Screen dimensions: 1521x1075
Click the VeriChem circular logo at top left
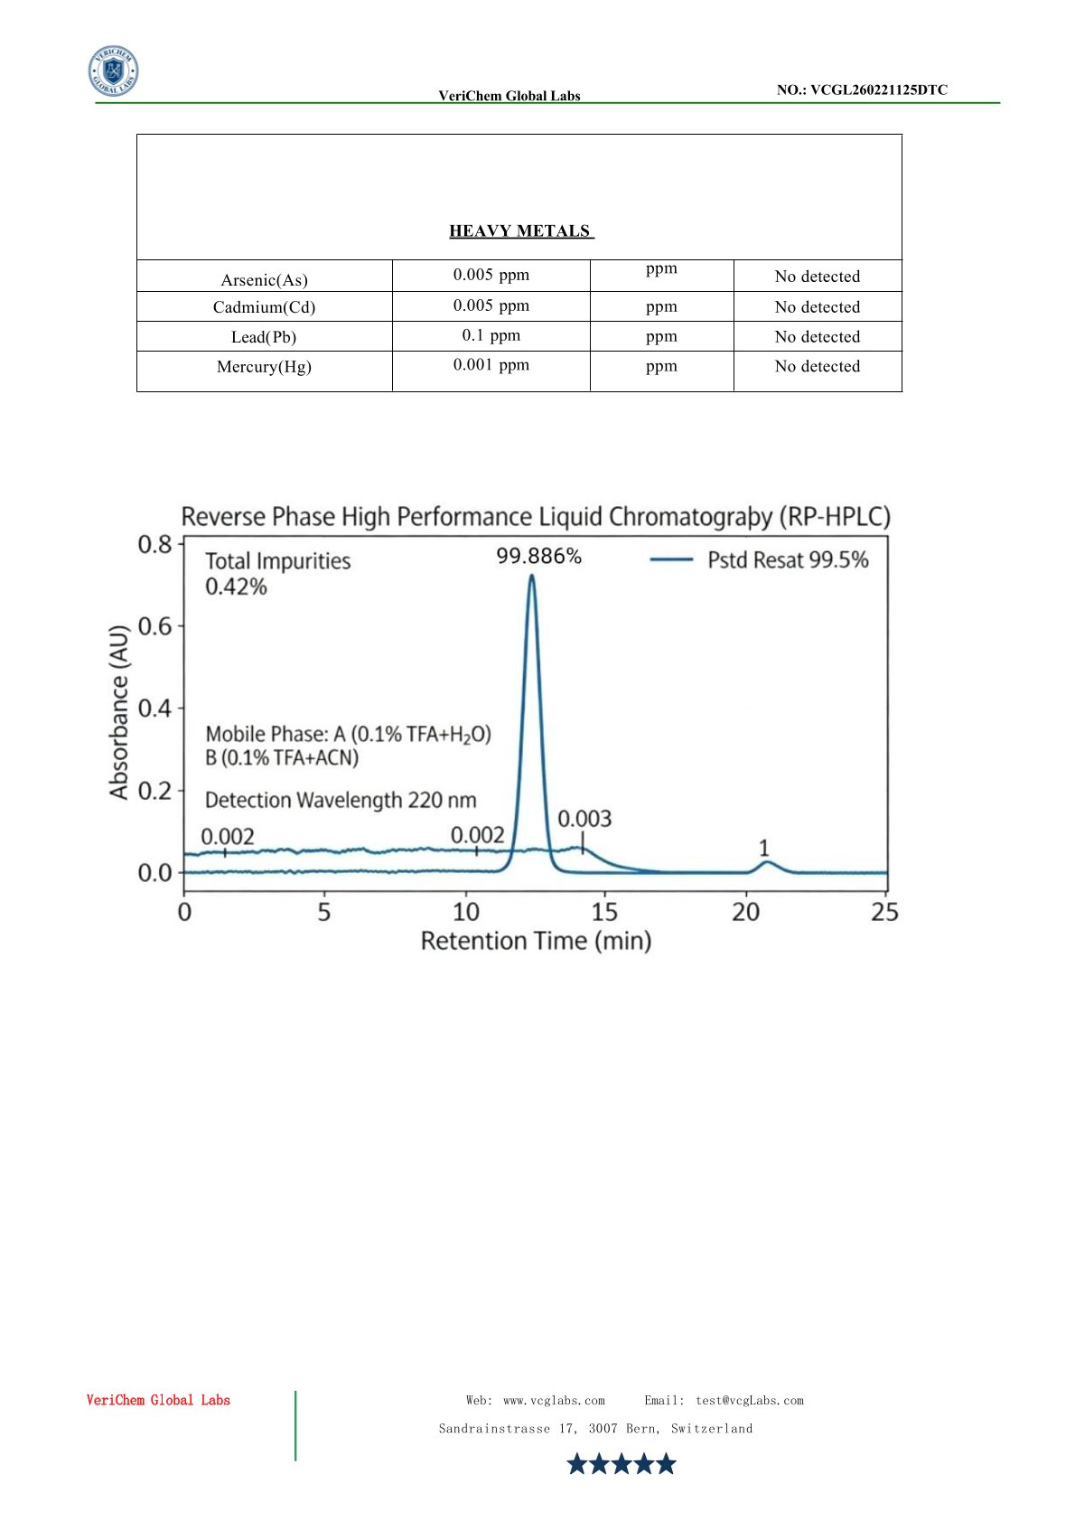click(x=113, y=71)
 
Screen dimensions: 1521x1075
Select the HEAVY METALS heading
click(x=520, y=231)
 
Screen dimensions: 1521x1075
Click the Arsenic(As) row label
click(x=264, y=279)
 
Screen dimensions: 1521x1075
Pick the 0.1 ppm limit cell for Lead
click(x=491, y=335)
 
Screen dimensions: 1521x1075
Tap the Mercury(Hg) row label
click(x=264, y=367)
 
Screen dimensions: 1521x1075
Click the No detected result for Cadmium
click(x=817, y=307)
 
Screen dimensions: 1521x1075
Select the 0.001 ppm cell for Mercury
click(x=491, y=365)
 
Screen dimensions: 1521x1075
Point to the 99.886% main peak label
click(x=538, y=557)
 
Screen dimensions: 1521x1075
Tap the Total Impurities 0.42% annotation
click(x=277, y=574)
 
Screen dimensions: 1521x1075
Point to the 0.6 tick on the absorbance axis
click(x=154, y=626)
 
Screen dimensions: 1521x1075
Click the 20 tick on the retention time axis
click(x=745, y=912)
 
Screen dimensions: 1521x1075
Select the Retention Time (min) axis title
click(x=536, y=942)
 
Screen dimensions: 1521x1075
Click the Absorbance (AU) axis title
click(x=119, y=712)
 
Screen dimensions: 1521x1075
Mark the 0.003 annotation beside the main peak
click(x=584, y=819)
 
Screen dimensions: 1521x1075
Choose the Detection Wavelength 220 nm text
click(x=341, y=801)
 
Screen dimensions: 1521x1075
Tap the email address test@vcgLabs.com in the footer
click(x=749, y=1401)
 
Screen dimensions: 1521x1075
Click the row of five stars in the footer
click(x=621, y=1464)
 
